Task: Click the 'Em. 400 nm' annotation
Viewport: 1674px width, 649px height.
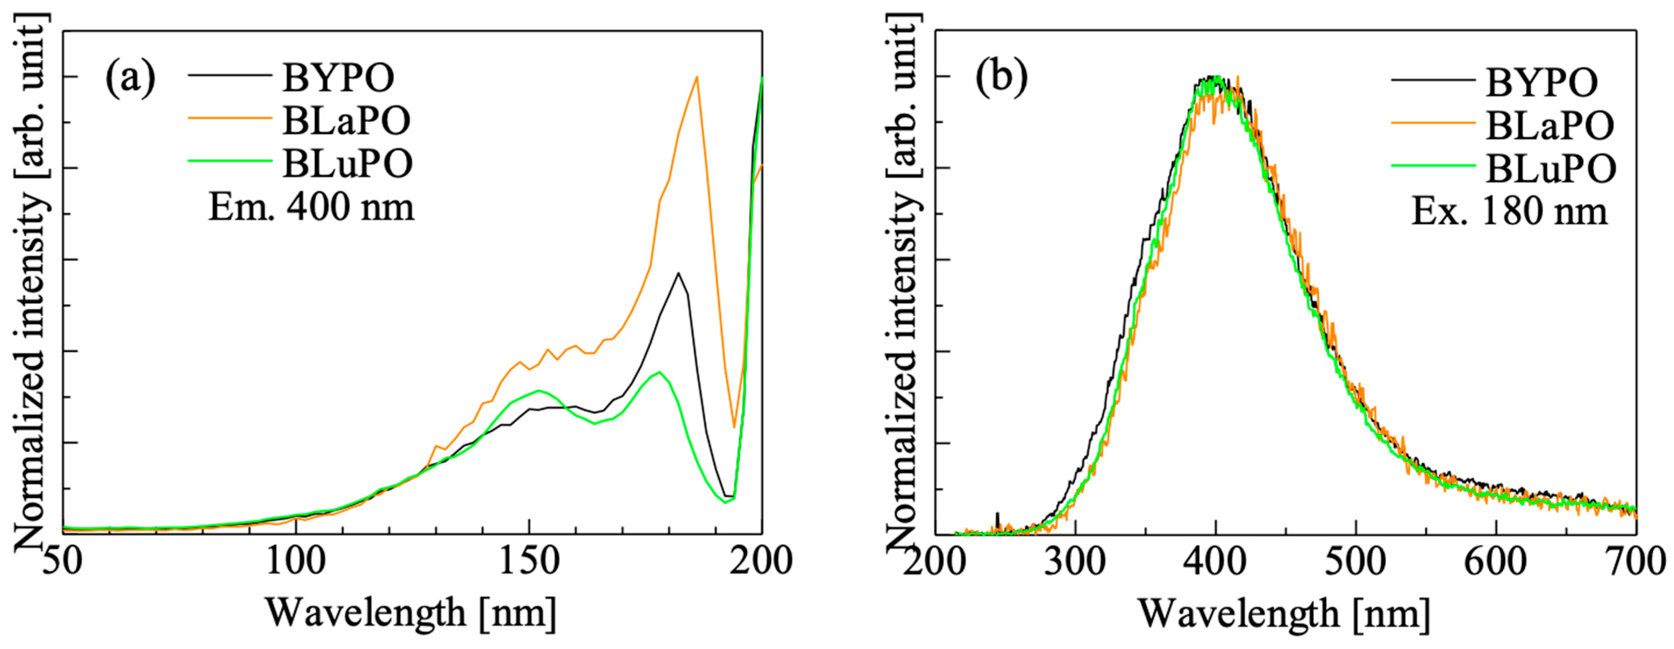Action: pyautogui.click(x=311, y=208)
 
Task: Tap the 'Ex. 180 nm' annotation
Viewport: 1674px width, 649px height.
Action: pyautogui.click(x=1509, y=211)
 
